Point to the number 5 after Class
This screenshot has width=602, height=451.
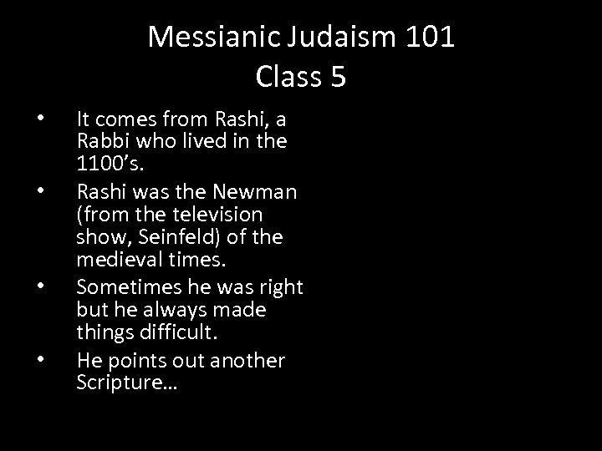[x=338, y=77]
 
